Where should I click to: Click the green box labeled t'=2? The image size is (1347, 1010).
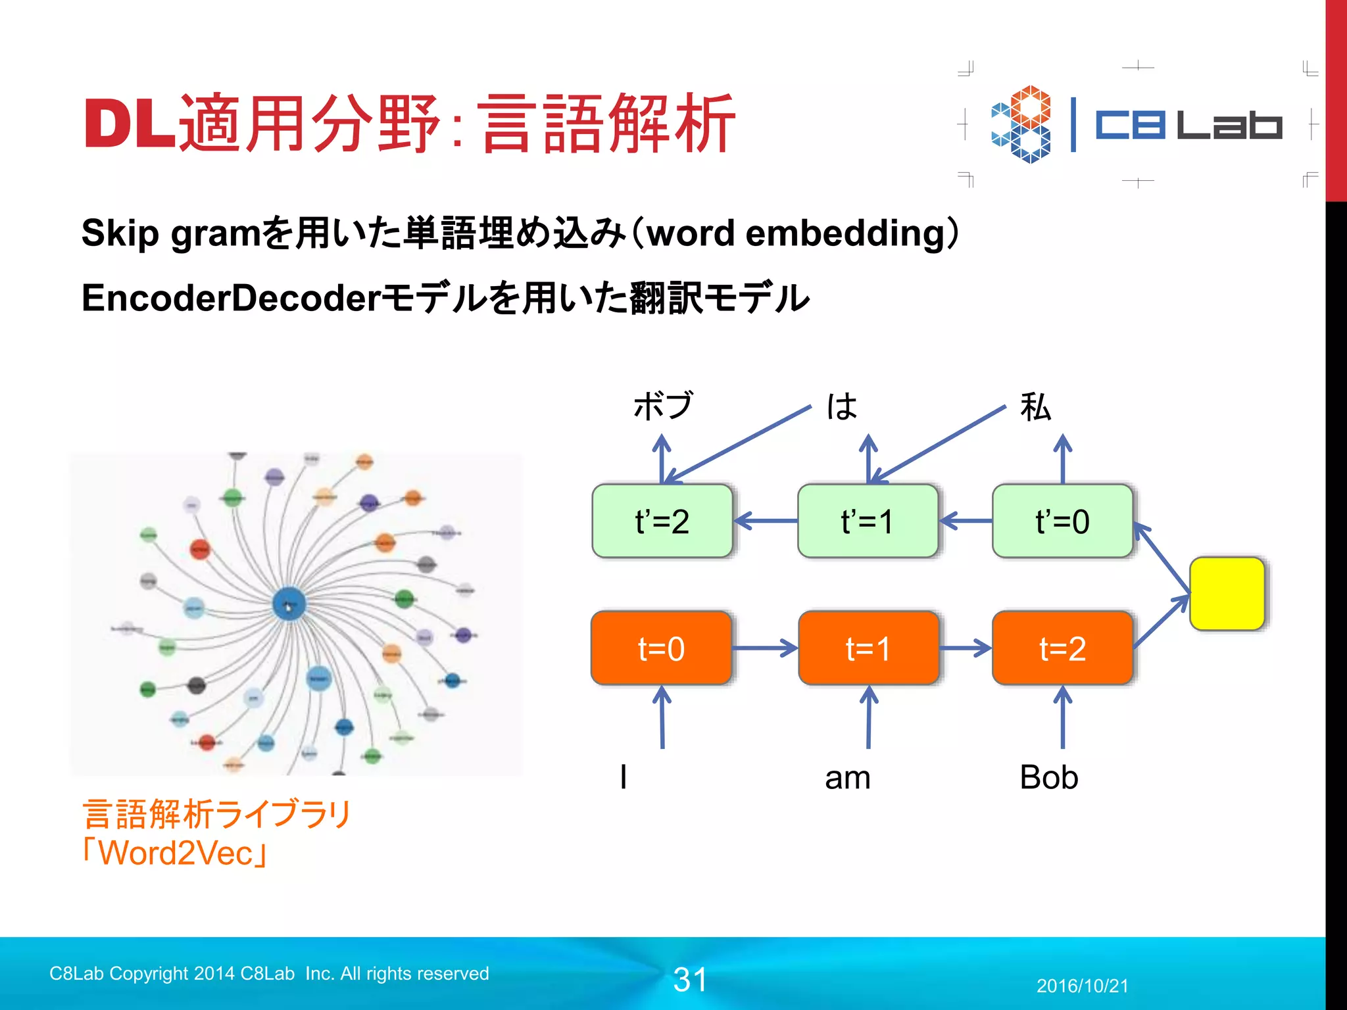coord(662,521)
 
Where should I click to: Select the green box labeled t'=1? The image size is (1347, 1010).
coord(868,521)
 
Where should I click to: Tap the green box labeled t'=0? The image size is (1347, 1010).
coord(1062,521)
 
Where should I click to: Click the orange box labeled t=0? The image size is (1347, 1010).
coord(661,648)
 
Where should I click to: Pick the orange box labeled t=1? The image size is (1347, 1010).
coord(868,648)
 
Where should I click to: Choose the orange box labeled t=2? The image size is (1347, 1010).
coord(1062,648)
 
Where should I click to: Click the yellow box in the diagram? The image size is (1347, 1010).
coord(1227,594)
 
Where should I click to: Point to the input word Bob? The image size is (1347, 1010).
coord(1048,777)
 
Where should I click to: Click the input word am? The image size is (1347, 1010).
coord(847,778)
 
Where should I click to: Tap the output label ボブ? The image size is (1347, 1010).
coord(663,406)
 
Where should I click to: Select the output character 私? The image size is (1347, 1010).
coord(1035,406)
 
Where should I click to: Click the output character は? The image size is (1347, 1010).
coord(843,406)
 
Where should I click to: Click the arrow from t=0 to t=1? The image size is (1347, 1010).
coord(764,648)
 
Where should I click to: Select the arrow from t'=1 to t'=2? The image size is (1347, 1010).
coord(766,521)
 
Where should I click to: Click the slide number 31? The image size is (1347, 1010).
coord(690,980)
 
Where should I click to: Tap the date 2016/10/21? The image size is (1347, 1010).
coord(1082,986)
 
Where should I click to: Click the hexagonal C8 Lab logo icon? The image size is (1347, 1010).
coord(1021,124)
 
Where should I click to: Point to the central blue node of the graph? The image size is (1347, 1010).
coord(289,604)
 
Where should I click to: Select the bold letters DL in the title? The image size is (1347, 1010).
coord(130,124)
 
